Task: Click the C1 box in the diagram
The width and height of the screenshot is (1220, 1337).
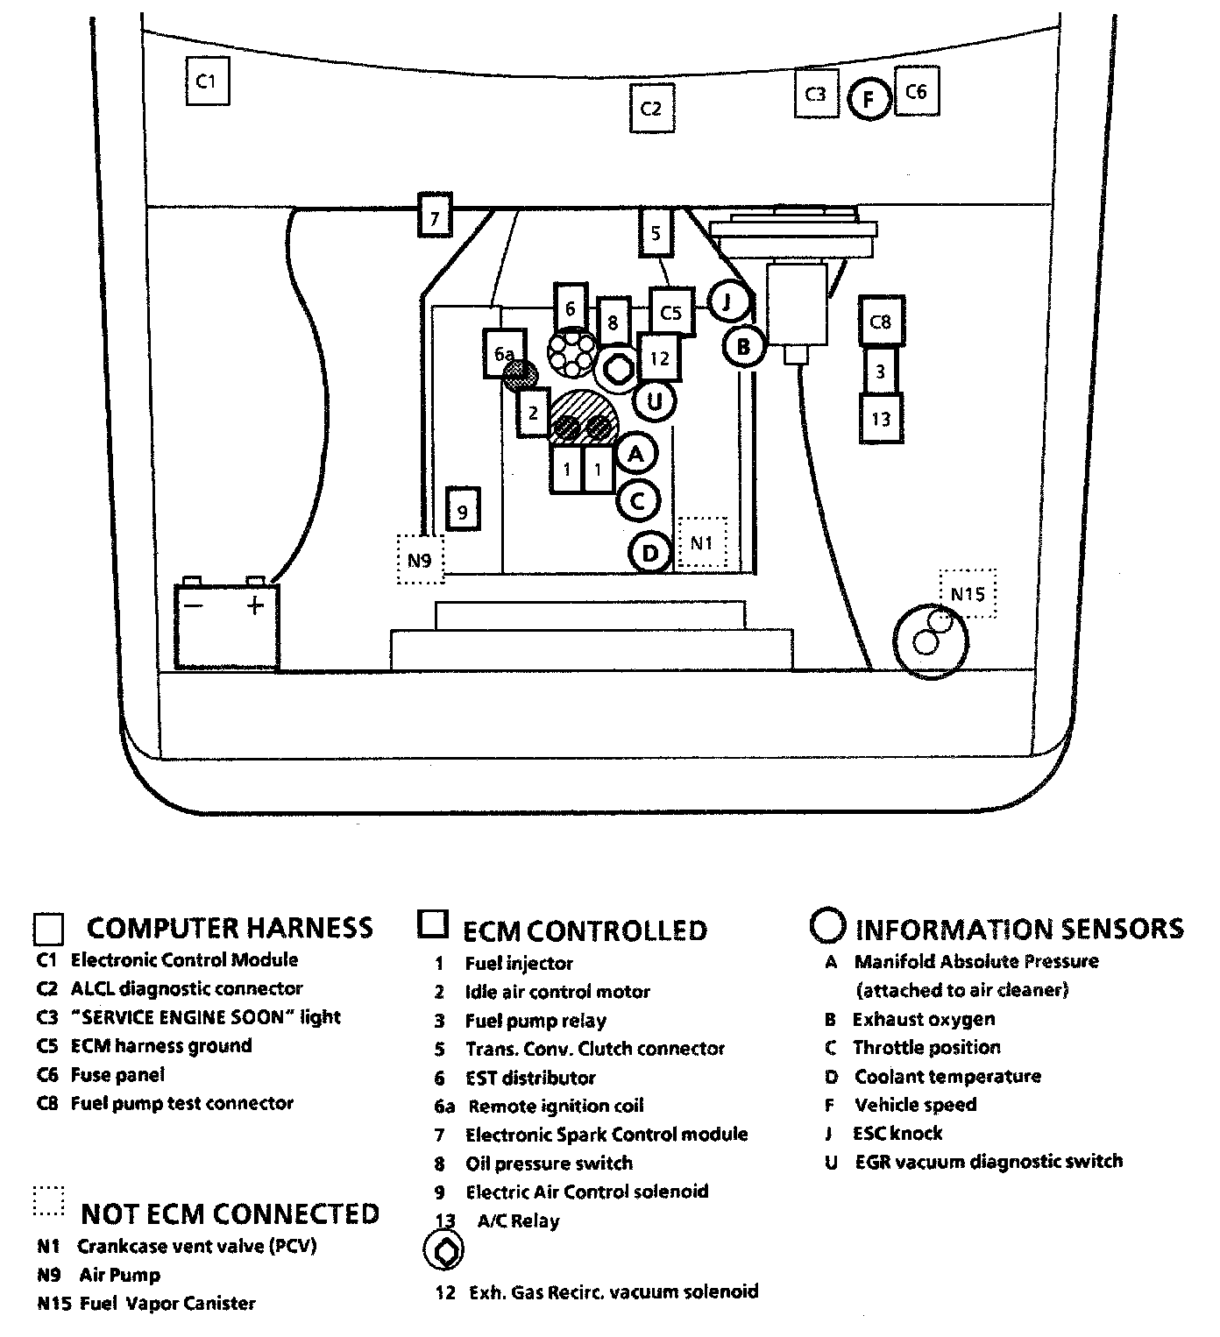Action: click(208, 81)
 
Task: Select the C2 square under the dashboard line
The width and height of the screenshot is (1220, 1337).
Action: click(652, 108)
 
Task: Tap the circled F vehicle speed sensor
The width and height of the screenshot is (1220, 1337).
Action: click(869, 99)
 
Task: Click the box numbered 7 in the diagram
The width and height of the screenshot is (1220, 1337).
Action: click(435, 215)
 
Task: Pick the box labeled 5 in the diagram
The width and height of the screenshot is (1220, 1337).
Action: click(656, 232)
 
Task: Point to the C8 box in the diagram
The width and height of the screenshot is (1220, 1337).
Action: click(881, 322)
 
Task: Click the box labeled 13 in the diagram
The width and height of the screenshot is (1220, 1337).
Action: click(881, 419)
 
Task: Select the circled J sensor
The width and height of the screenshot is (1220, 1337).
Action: click(728, 302)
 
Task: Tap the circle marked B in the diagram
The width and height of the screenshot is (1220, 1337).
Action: click(744, 347)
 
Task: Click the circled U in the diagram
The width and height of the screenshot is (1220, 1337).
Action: click(655, 401)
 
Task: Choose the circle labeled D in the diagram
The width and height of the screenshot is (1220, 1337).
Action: click(650, 553)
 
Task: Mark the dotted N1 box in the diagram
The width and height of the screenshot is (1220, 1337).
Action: click(702, 542)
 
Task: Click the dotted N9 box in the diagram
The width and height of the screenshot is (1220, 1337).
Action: click(420, 560)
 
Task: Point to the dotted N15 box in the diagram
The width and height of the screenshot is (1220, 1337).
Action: click(968, 593)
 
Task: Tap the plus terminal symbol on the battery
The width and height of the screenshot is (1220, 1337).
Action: click(255, 605)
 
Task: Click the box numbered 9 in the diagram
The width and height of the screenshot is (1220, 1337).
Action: click(463, 508)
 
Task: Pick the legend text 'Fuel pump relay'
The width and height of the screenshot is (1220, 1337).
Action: click(536, 1021)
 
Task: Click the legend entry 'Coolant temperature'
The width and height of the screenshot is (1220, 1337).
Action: click(947, 1077)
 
